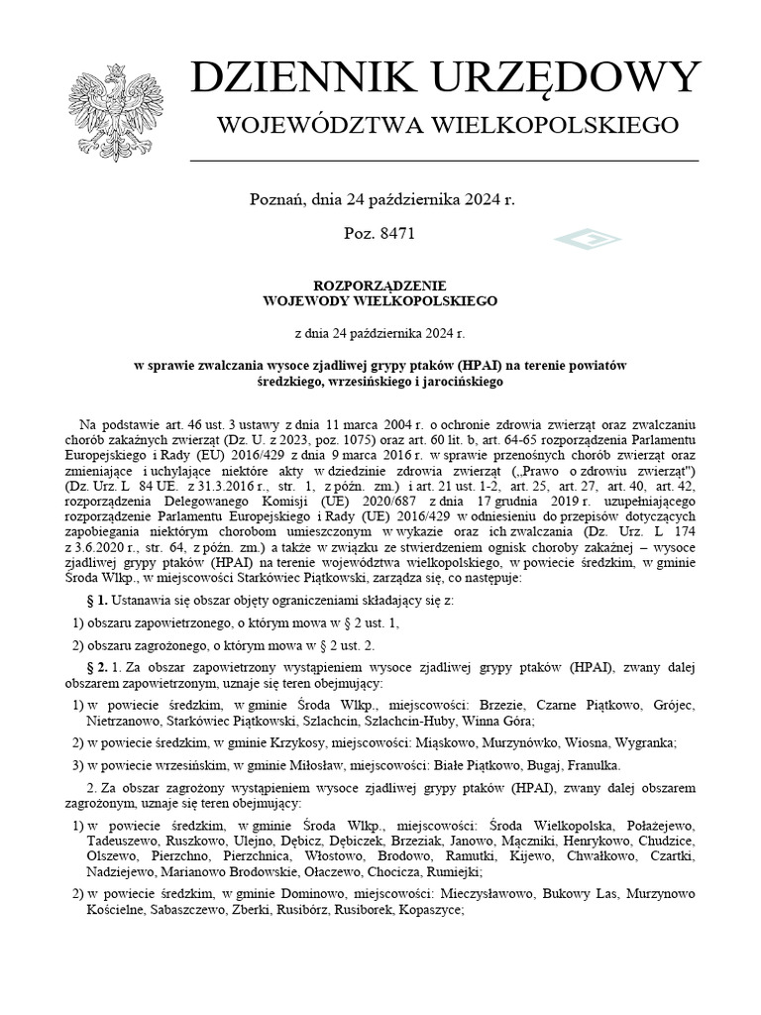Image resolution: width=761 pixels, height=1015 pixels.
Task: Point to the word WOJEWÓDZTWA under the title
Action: pyautogui.click(x=327, y=125)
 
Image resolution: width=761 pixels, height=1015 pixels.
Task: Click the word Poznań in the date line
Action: pyautogui.click(x=276, y=199)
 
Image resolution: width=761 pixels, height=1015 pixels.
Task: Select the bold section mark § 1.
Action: pyautogui.click(x=97, y=601)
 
